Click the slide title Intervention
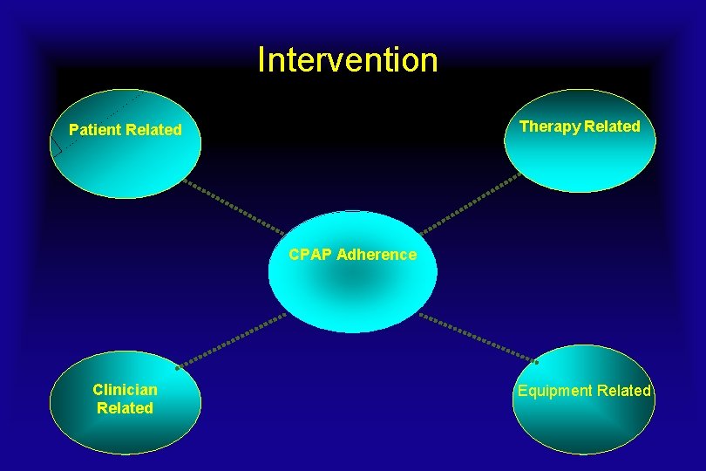348,60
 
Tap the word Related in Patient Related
153,130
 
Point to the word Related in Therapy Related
612,126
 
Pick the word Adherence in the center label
377,255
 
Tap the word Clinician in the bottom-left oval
125,390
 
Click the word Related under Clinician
125,408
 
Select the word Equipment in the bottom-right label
552,391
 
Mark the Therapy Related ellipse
579,161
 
